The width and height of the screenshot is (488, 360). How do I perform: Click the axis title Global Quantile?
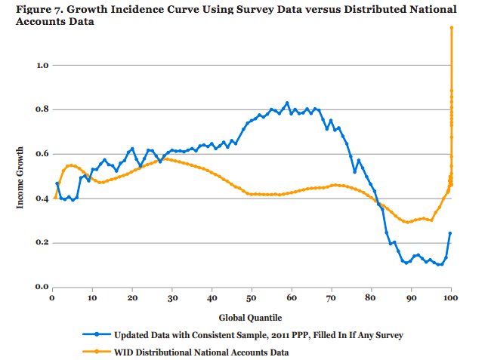coord(252,317)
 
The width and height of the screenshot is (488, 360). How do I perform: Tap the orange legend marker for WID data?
coord(97,351)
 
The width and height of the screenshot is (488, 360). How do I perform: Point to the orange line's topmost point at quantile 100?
coord(452,27)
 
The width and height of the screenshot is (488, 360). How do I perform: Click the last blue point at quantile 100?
coord(450,233)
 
